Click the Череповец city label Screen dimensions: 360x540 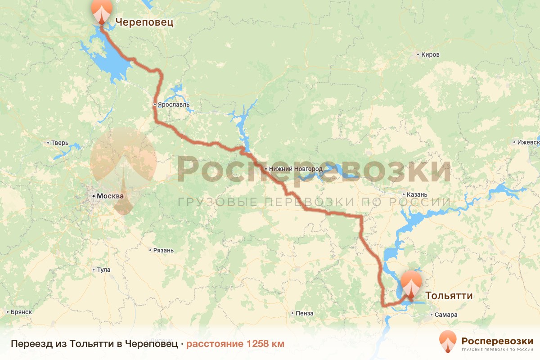[144, 22]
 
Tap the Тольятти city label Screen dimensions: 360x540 [449, 296]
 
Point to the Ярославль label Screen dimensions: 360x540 [173, 105]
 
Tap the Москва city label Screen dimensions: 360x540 [110, 196]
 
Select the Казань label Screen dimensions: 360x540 [416, 195]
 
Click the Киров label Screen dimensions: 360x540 [430, 55]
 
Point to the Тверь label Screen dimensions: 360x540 [60, 143]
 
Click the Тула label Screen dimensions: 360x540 [103, 270]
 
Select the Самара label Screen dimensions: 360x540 [446, 315]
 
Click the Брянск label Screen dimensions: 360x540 [22, 312]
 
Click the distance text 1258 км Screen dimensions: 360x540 [265, 344]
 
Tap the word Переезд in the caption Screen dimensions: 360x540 [29, 344]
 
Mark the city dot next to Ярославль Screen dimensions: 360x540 [154, 104]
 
